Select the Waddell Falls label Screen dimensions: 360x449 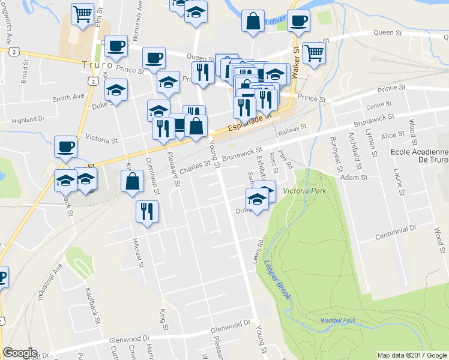click(338, 320)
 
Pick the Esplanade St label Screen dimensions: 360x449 click(247, 121)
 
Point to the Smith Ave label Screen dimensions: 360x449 click(68, 97)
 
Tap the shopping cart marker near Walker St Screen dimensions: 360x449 click(315, 53)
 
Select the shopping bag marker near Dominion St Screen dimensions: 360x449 click(132, 181)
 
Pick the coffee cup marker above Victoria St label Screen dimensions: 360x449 click(65, 146)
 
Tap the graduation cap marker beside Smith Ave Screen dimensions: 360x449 click(116, 90)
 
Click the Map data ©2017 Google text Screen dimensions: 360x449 click(412, 355)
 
